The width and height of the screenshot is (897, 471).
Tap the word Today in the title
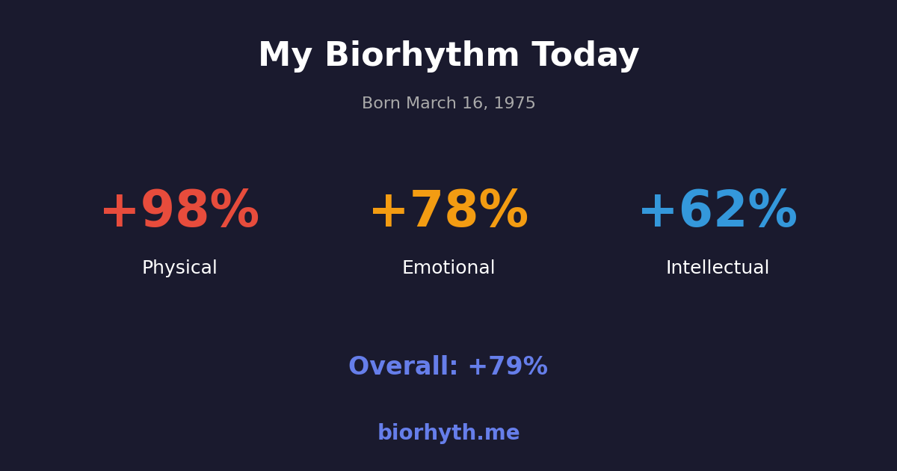585,56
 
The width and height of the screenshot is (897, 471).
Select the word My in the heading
285,56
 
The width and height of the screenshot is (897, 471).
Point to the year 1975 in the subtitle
516,104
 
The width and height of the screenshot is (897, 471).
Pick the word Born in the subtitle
381,104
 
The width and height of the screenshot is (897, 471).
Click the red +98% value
179,212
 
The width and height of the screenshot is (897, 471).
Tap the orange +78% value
449,212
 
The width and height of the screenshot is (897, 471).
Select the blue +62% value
718,212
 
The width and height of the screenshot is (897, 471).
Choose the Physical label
179,268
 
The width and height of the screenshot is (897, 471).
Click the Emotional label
449,268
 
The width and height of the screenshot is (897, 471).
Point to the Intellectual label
718,268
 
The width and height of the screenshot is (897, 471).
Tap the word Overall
402,367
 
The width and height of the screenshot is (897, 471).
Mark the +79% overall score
508,367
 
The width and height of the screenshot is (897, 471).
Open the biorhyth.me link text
449,434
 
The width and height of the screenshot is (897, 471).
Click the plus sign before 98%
119,212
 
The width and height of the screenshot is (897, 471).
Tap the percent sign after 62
772,212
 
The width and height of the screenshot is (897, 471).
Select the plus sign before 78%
388,212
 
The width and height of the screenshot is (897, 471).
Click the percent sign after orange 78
503,212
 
